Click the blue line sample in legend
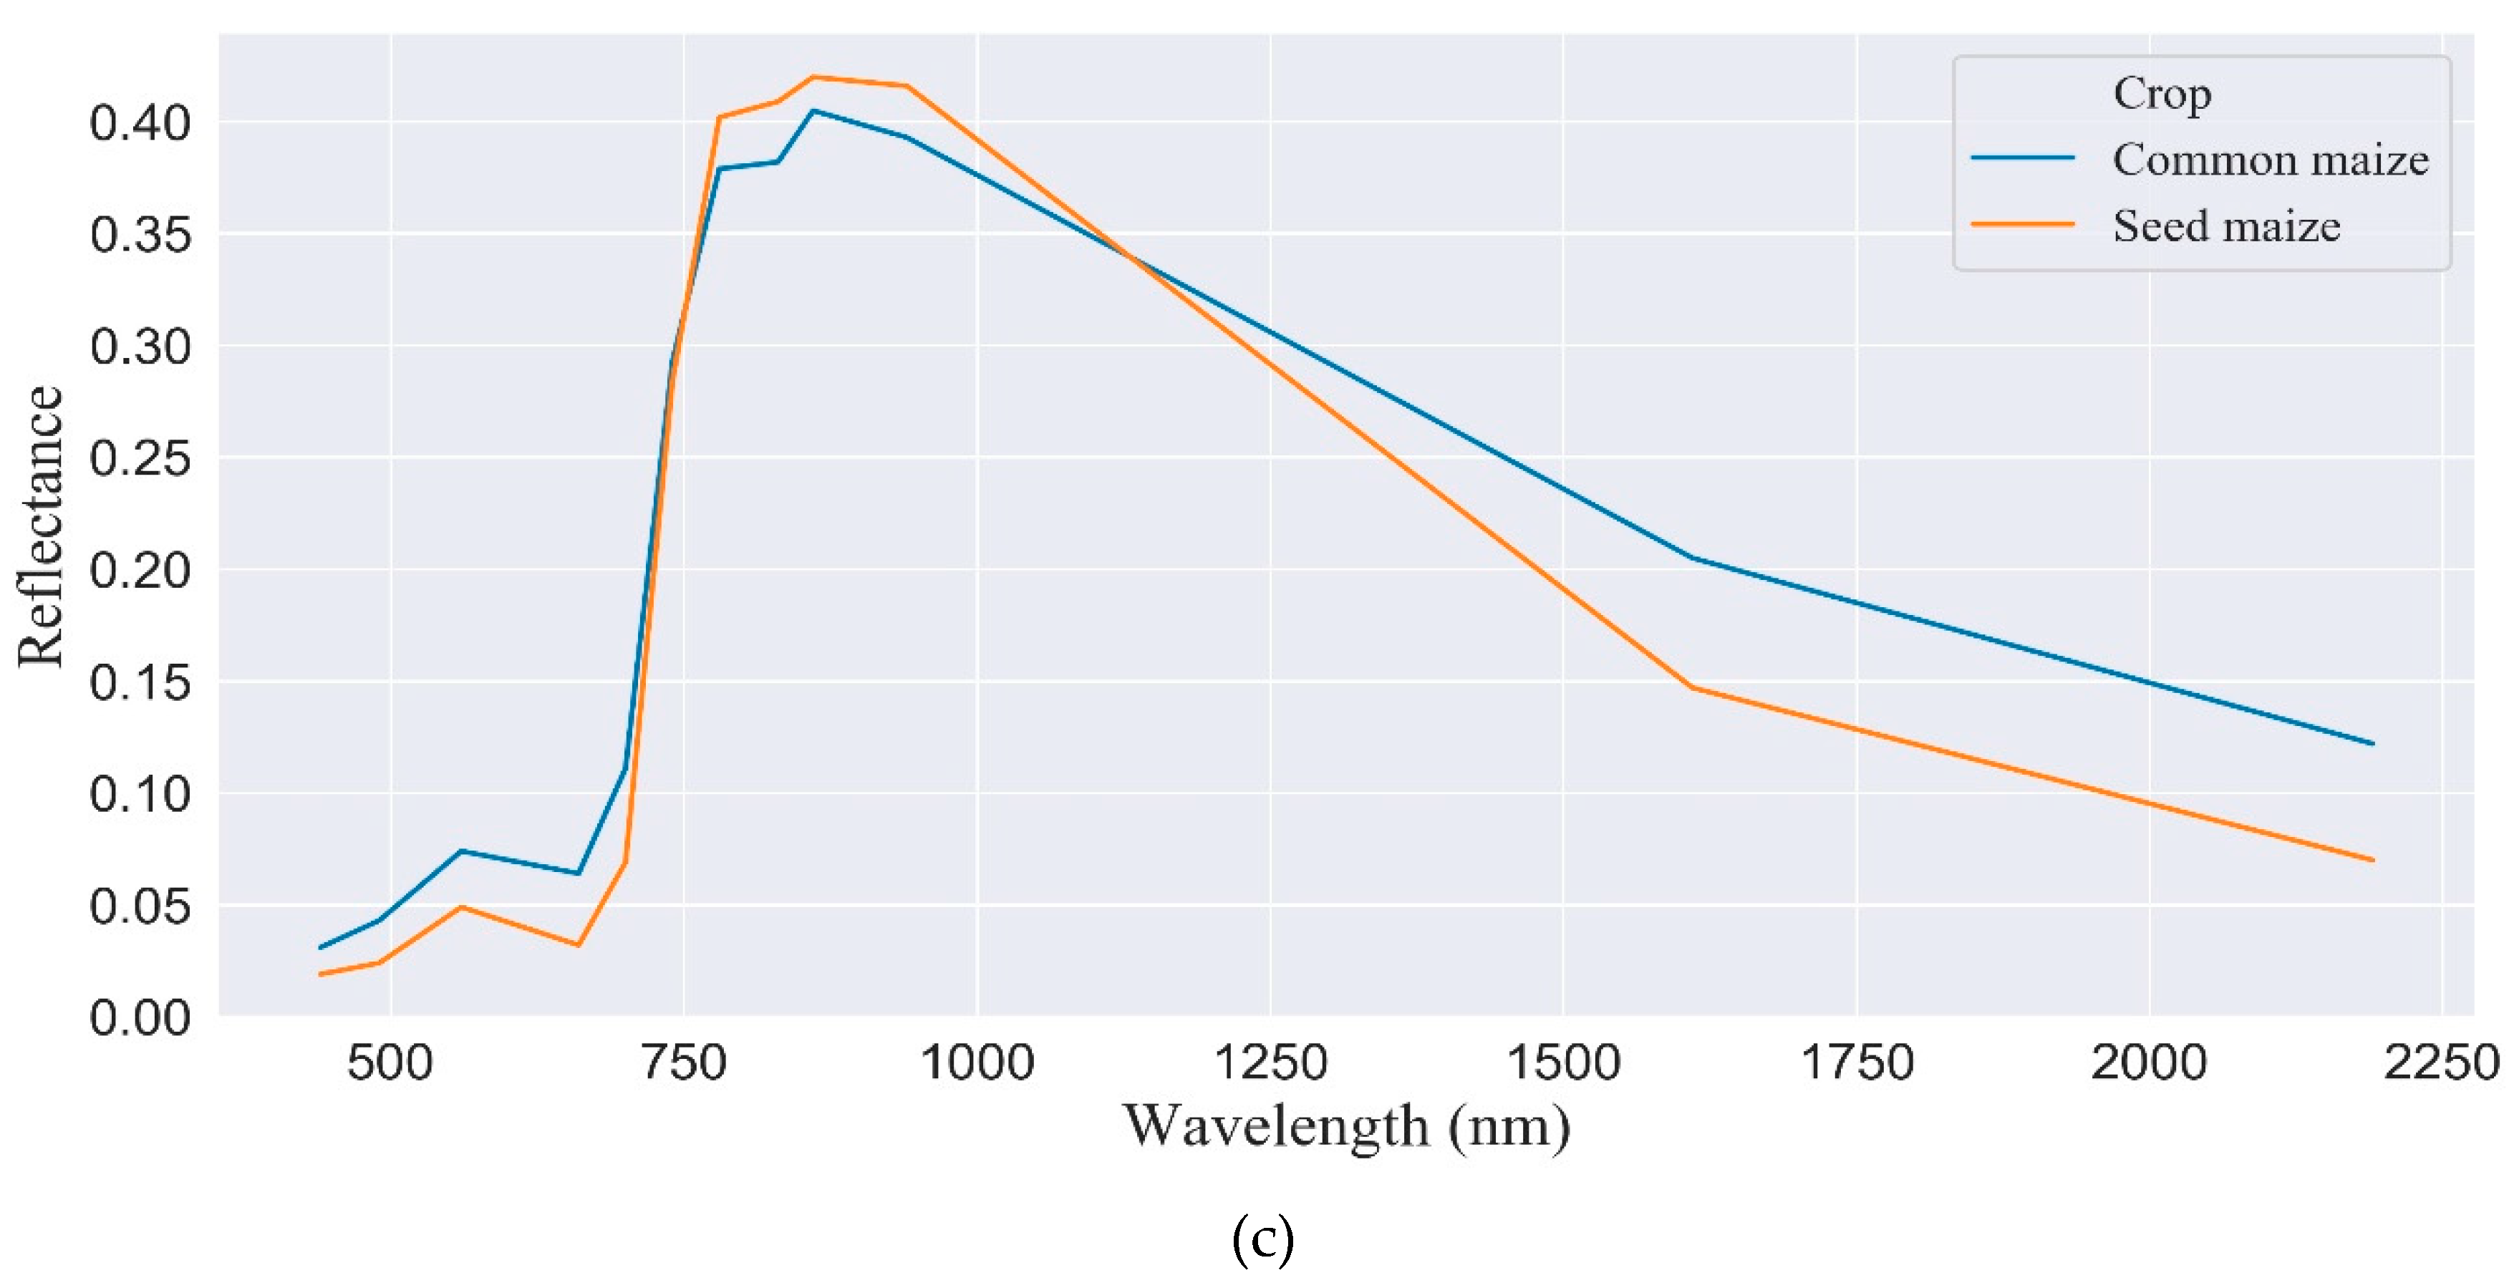2023,158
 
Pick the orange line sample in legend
2023,225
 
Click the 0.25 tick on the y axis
140,458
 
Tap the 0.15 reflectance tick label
140,682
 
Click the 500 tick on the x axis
390,1062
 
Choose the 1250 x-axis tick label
1270,1062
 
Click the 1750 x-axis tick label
1857,1062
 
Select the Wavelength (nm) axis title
1346,1127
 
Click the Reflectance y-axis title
41,526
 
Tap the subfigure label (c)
1262,1239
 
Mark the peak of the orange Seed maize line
813,77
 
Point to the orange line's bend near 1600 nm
1693,688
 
